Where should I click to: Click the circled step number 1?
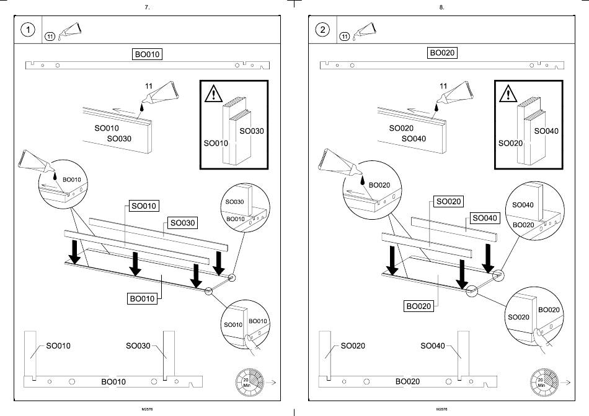28,30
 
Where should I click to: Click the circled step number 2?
322,30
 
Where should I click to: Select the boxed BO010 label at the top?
148,54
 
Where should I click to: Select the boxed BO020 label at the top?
443,53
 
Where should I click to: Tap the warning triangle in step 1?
213,93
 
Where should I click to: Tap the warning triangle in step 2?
508,93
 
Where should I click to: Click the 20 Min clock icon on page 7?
247,381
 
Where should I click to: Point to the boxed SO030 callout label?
183,222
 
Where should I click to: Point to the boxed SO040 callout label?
485,218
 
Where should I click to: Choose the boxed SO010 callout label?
143,206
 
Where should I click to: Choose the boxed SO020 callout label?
448,201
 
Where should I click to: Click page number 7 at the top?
146,7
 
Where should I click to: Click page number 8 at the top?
441,7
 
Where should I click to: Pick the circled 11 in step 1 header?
50,37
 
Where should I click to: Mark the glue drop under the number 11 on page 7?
142,107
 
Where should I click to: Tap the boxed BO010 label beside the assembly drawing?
142,298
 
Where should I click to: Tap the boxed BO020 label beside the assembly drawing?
418,306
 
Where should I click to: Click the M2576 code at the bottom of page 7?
147,409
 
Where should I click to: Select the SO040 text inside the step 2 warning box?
546,131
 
